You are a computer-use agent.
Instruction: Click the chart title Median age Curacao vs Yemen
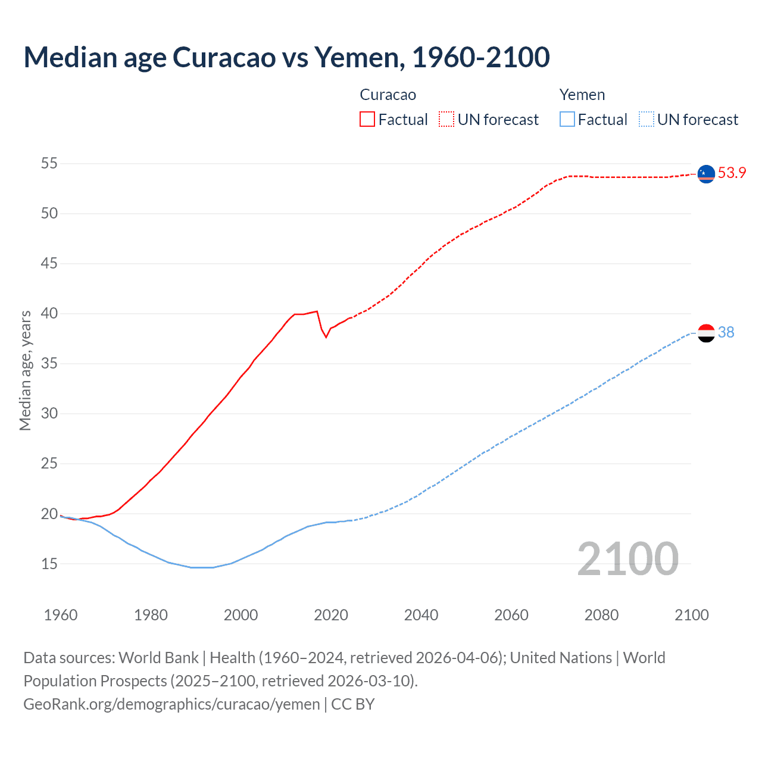pos(286,57)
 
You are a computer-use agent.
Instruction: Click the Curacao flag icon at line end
pos(706,173)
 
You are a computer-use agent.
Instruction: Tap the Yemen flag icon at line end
pos(706,333)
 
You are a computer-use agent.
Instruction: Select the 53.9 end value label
pos(732,173)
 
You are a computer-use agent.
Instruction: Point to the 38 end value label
pos(726,333)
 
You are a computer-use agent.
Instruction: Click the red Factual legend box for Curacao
pos(367,120)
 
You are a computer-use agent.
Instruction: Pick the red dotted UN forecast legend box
pos(446,120)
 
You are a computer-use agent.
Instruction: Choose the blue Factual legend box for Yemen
pos(567,120)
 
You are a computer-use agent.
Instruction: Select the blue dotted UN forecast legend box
pos(647,120)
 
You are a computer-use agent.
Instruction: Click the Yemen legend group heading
pos(582,95)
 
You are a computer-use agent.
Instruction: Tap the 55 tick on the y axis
pos(49,163)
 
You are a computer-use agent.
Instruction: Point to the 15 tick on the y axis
pos(49,563)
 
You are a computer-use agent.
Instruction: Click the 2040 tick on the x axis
pos(421,615)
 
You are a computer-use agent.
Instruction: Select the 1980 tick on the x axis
pos(151,615)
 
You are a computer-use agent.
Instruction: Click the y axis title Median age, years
pos(25,370)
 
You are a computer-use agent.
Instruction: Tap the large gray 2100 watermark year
pos(627,558)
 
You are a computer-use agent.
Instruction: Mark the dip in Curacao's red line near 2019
pos(326,337)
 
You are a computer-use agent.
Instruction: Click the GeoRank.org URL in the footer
pos(171,704)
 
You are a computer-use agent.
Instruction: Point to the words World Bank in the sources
pos(158,658)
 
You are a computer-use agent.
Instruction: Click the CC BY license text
pos(352,704)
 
